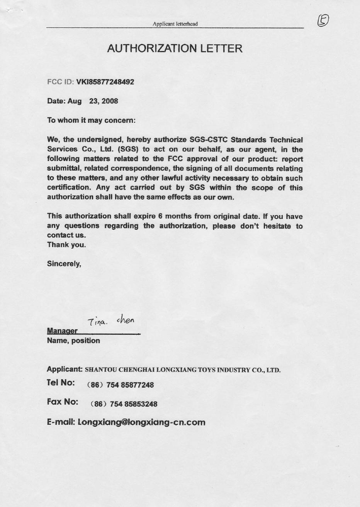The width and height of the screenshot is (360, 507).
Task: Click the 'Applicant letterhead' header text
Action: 175,24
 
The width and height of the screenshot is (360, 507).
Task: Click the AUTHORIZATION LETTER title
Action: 175,49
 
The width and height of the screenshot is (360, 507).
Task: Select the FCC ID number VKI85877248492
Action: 105,82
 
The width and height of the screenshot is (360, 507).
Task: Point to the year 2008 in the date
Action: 110,101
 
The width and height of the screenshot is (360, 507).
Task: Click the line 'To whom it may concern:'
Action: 91,120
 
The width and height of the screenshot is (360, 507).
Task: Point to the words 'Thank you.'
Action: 66,245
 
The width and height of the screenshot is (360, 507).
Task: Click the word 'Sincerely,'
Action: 64,264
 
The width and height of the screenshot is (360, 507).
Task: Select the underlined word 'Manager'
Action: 62,331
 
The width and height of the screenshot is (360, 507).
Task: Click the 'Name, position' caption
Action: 73,341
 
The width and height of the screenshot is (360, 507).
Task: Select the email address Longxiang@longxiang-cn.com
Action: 141,422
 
